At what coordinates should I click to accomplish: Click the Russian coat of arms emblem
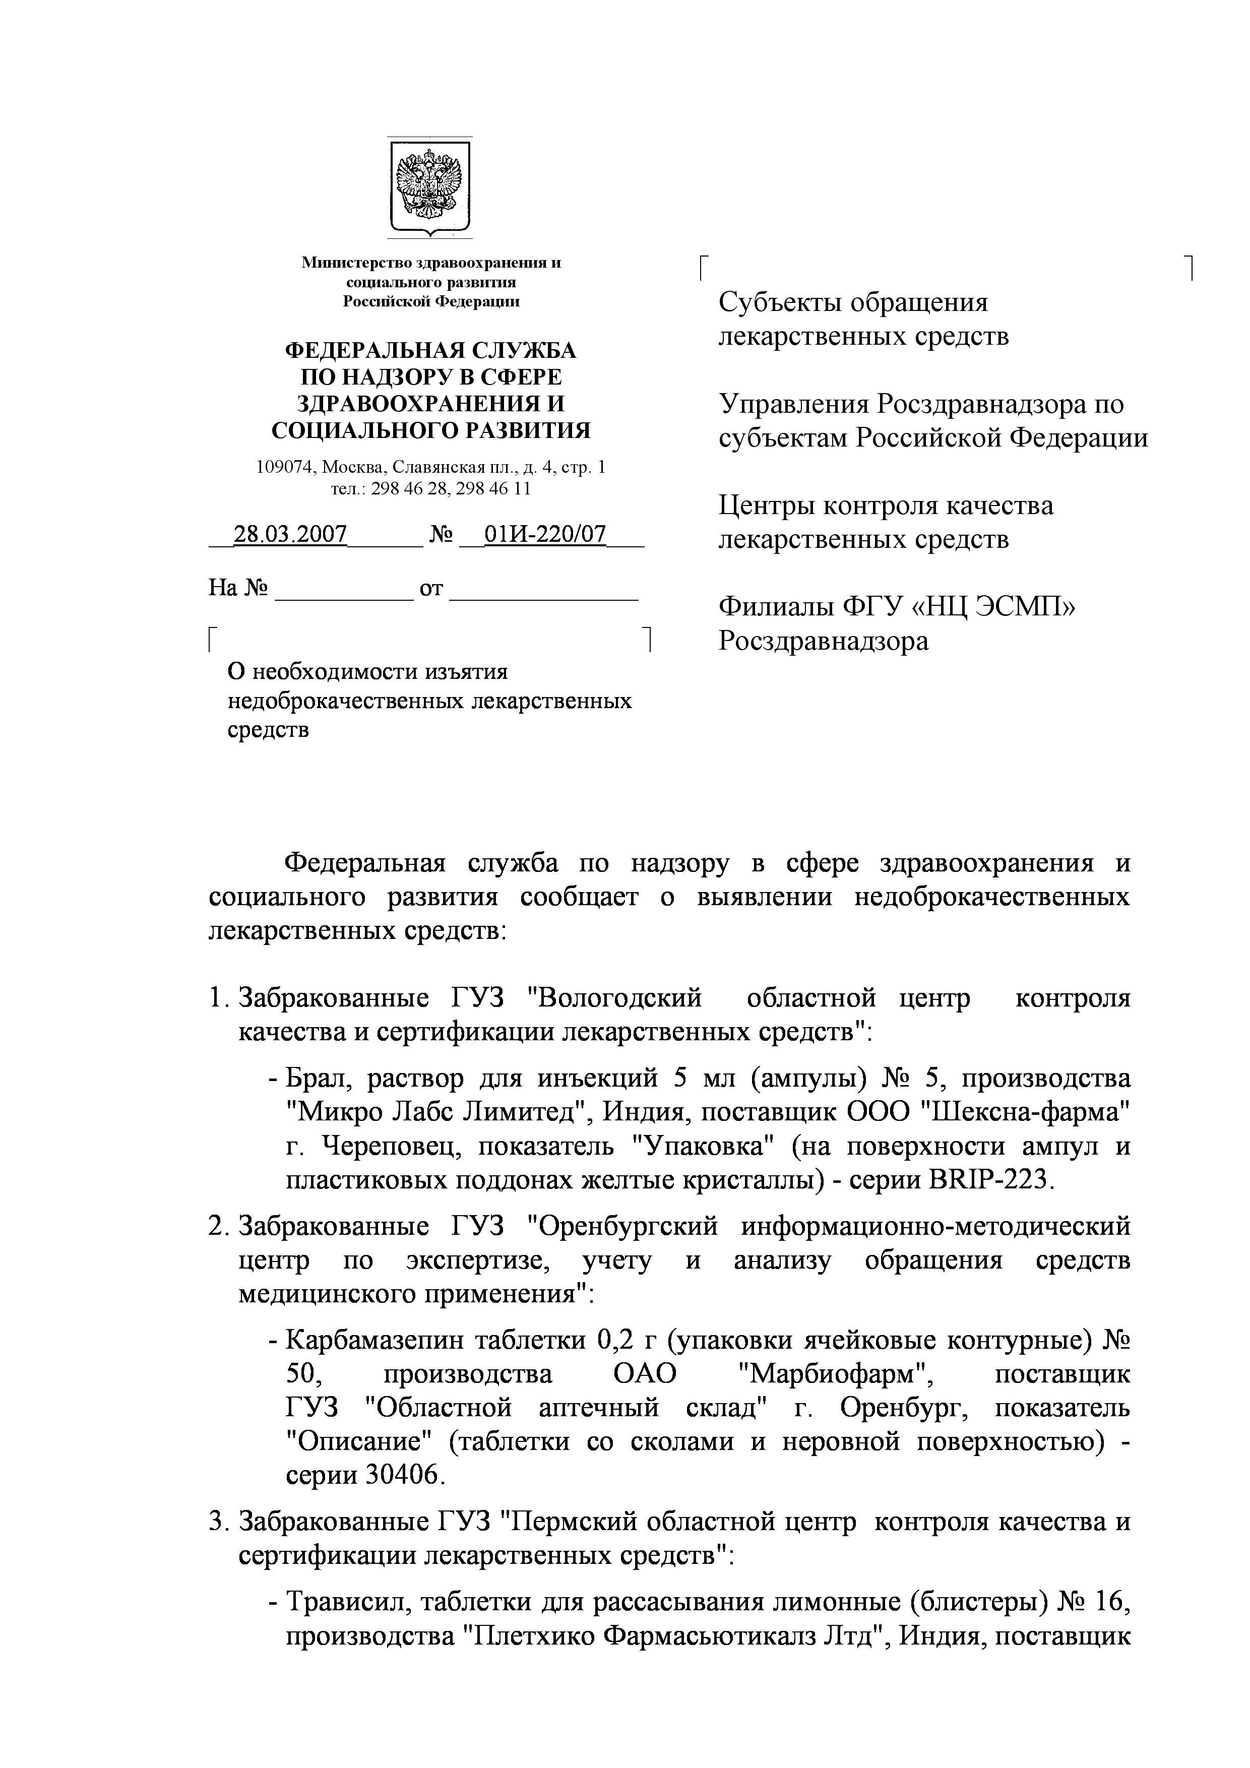pyautogui.click(x=429, y=187)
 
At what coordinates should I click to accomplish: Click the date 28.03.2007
pyautogui.click(x=290, y=534)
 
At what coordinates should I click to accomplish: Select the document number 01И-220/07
pyautogui.click(x=544, y=534)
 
